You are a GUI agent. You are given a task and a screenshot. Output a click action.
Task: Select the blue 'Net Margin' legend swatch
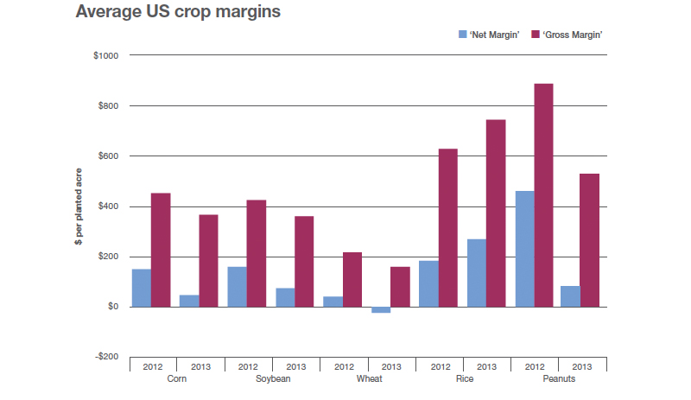[462, 35]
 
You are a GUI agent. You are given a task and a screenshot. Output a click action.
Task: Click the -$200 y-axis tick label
[105, 356]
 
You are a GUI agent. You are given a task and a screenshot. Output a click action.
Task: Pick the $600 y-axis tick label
[107, 156]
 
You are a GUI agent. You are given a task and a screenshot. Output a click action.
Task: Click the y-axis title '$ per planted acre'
[78, 206]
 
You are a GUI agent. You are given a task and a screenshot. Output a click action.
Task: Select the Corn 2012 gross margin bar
[161, 250]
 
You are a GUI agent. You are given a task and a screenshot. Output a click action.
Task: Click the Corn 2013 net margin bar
[189, 301]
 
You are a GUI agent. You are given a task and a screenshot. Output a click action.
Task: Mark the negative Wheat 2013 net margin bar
[380, 309]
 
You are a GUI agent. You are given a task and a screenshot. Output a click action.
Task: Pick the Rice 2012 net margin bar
[428, 283]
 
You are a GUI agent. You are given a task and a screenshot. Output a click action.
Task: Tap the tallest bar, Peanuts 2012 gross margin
[543, 194]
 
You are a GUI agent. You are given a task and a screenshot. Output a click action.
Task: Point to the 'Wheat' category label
[368, 378]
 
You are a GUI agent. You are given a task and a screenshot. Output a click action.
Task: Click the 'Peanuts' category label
[560, 378]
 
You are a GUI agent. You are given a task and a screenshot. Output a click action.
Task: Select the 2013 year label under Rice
[487, 365]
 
